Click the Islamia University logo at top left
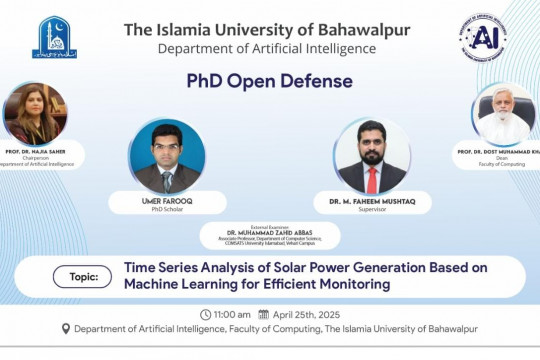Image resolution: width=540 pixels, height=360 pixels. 54,37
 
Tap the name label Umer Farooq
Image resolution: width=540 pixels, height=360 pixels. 167,200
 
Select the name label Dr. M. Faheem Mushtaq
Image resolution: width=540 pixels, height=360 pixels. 372,200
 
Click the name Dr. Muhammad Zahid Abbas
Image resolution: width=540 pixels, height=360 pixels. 270,232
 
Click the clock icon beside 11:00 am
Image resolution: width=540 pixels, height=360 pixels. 205,314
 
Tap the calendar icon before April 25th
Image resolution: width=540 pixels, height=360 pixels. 263,314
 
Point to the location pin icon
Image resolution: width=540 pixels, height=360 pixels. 66,329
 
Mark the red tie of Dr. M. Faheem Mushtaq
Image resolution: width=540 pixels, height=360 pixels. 372,180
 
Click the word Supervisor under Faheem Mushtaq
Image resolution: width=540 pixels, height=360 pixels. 372,209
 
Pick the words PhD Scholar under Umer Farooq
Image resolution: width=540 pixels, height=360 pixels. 167,209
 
